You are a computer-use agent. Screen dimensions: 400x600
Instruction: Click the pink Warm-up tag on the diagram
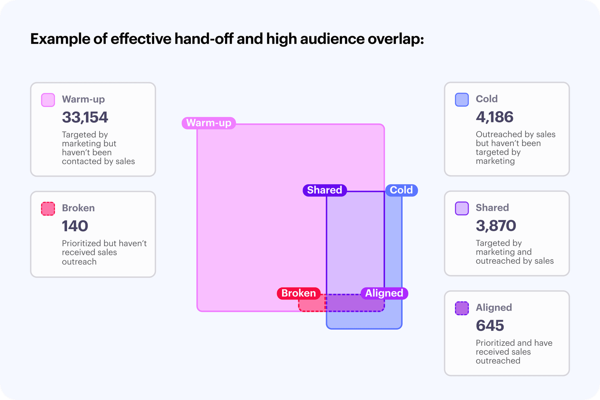click(x=209, y=123)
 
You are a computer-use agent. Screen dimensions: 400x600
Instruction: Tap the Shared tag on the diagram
click(x=325, y=190)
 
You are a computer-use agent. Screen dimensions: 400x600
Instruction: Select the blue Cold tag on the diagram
click(x=401, y=190)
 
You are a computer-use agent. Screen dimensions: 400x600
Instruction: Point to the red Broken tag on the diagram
click(x=299, y=293)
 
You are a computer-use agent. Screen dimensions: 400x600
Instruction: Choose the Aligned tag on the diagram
click(x=384, y=293)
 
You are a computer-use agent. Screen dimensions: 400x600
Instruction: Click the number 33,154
click(x=85, y=117)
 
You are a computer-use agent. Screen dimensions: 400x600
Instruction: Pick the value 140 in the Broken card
click(x=75, y=226)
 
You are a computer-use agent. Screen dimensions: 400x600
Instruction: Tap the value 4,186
click(x=495, y=117)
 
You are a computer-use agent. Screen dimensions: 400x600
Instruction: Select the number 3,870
click(x=496, y=226)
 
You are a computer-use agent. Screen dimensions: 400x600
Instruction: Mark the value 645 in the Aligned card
click(x=490, y=325)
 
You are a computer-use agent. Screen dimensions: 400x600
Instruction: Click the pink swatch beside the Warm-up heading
click(x=48, y=100)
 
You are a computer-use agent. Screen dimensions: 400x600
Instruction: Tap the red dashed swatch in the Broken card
click(x=48, y=209)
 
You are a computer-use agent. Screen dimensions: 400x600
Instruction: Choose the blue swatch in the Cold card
click(x=462, y=100)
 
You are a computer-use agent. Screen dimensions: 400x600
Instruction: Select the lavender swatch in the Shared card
click(x=462, y=208)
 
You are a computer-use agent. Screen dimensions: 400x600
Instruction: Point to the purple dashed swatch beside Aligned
click(x=462, y=308)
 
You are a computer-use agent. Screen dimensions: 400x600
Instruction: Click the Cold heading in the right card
click(x=487, y=99)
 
